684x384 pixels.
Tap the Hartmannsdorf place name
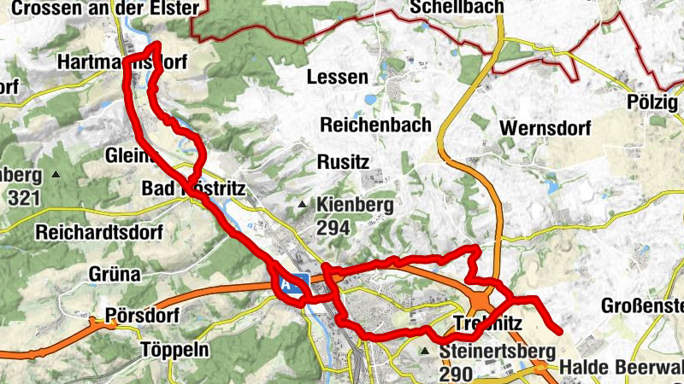pyautogui.click(x=120, y=62)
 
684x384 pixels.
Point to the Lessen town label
pyautogui.click(x=338, y=78)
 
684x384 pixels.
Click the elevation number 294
pyautogui.click(x=334, y=228)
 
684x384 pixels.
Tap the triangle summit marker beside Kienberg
pyautogui.click(x=303, y=206)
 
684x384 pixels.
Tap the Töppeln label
pyautogui.click(x=174, y=349)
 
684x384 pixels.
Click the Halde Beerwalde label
pyautogui.click(x=622, y=369)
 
